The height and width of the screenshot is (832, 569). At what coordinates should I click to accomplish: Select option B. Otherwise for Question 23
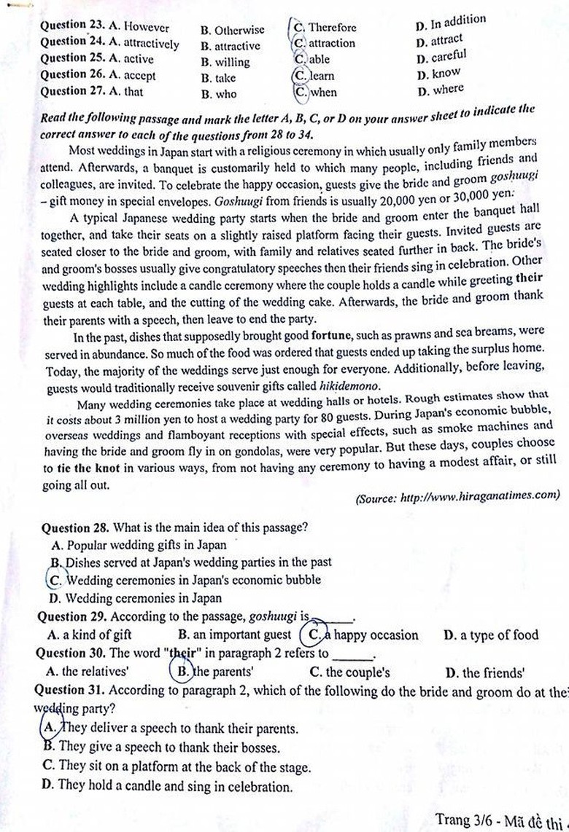pos(233,31)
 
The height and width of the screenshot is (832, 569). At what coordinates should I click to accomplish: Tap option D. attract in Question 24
pos(439,41)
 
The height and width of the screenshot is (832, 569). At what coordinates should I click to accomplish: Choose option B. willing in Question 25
pos(225,62)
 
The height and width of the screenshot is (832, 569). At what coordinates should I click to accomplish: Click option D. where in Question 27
pos(440,90)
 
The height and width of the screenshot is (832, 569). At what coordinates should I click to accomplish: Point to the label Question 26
pos(69,75)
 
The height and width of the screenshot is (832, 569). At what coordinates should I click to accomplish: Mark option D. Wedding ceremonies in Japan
pos(135,599)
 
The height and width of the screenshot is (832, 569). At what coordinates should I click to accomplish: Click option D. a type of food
pos(490,635)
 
